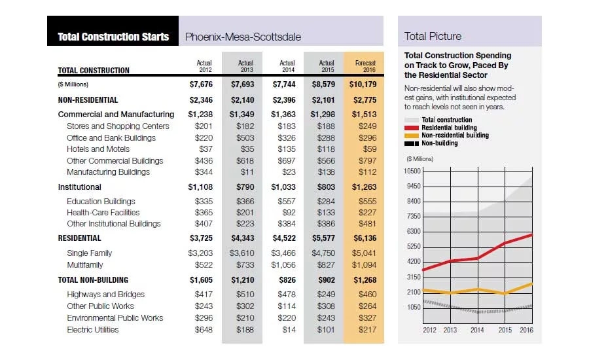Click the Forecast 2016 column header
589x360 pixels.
pyautogui.click(x=365, y=66)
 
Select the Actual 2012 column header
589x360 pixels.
pyautogui.click(x=204, y=66)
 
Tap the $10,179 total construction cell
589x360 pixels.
pyautogui.click(x=363, y=84)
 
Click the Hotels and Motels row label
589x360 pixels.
pyautogui.click(x=98, y=149)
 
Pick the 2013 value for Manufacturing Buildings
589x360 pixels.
pyautogui.click(x=247, y=172)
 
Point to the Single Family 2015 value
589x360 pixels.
pyautogui.click(x=323, y=253)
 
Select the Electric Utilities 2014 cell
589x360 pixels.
pyautogui.click(x=289, y=330)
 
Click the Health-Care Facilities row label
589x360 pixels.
pyautogui.click(x=103, y=213)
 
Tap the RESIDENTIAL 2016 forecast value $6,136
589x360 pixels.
pyautogui.click(x=365, y=238)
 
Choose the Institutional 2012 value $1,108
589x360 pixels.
pyautogui.click(x=200, y=187)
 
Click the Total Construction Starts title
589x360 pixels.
pyautogui.click(x=113, y=37)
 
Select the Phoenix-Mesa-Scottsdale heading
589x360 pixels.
pyautogui.click(x=243, y=37)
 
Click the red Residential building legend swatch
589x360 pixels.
pyautogui.click(x=412, y=128)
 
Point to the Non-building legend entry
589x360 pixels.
pyautogui.click(x=431, y=143)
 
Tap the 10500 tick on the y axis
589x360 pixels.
pyautogui.click(x=412, y=171)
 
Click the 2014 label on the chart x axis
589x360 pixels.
pyautogui.click(x=477, y=330)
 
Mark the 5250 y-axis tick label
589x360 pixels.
pyautogui.click(x=414, y=247)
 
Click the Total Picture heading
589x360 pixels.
pyautogui.click(x=433, y=37)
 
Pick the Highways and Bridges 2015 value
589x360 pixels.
pyautogui.click(x=326, y=295)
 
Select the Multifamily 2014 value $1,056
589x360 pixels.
pyautogui.click(x=283, y=265)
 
